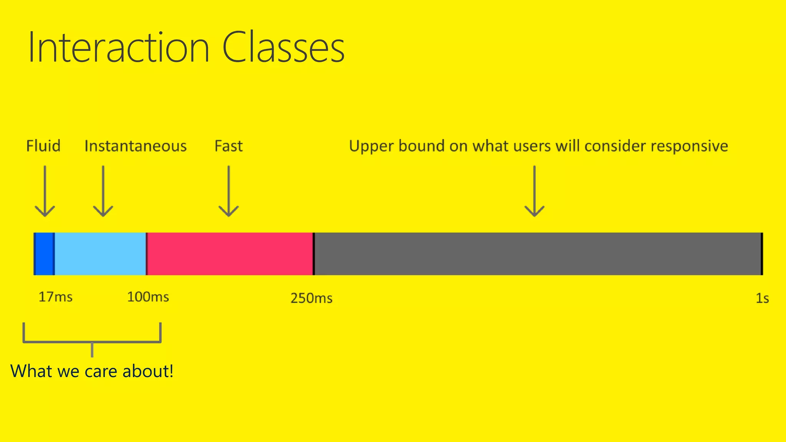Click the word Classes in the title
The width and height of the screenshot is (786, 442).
[283, 48]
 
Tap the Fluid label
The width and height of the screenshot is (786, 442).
[43, 146]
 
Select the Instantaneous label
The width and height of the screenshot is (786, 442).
[135, 146]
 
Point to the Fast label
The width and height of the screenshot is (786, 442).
[228, 146]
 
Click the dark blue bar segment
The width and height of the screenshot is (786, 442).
[44, 254]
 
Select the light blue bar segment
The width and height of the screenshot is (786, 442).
[100, 254]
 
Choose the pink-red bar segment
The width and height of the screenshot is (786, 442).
[230, 254]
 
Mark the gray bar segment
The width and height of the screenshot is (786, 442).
[537, 254]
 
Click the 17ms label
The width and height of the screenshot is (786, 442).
[55, 297]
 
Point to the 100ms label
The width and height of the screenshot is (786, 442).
[148, 297]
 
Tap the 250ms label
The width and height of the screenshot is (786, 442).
[311, 298]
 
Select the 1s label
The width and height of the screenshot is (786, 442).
[762, 298]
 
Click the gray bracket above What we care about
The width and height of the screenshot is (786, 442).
[92, 341]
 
